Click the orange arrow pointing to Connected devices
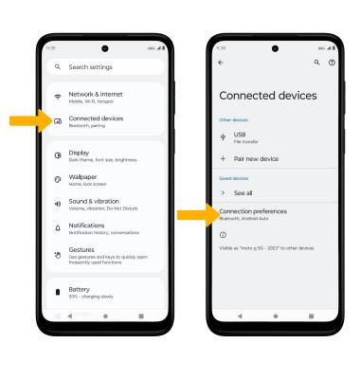click(x=23, y=121)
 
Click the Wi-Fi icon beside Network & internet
click(x=58, y=98)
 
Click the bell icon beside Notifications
click(x=58, y=228)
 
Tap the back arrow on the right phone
click(x=222, y=63)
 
